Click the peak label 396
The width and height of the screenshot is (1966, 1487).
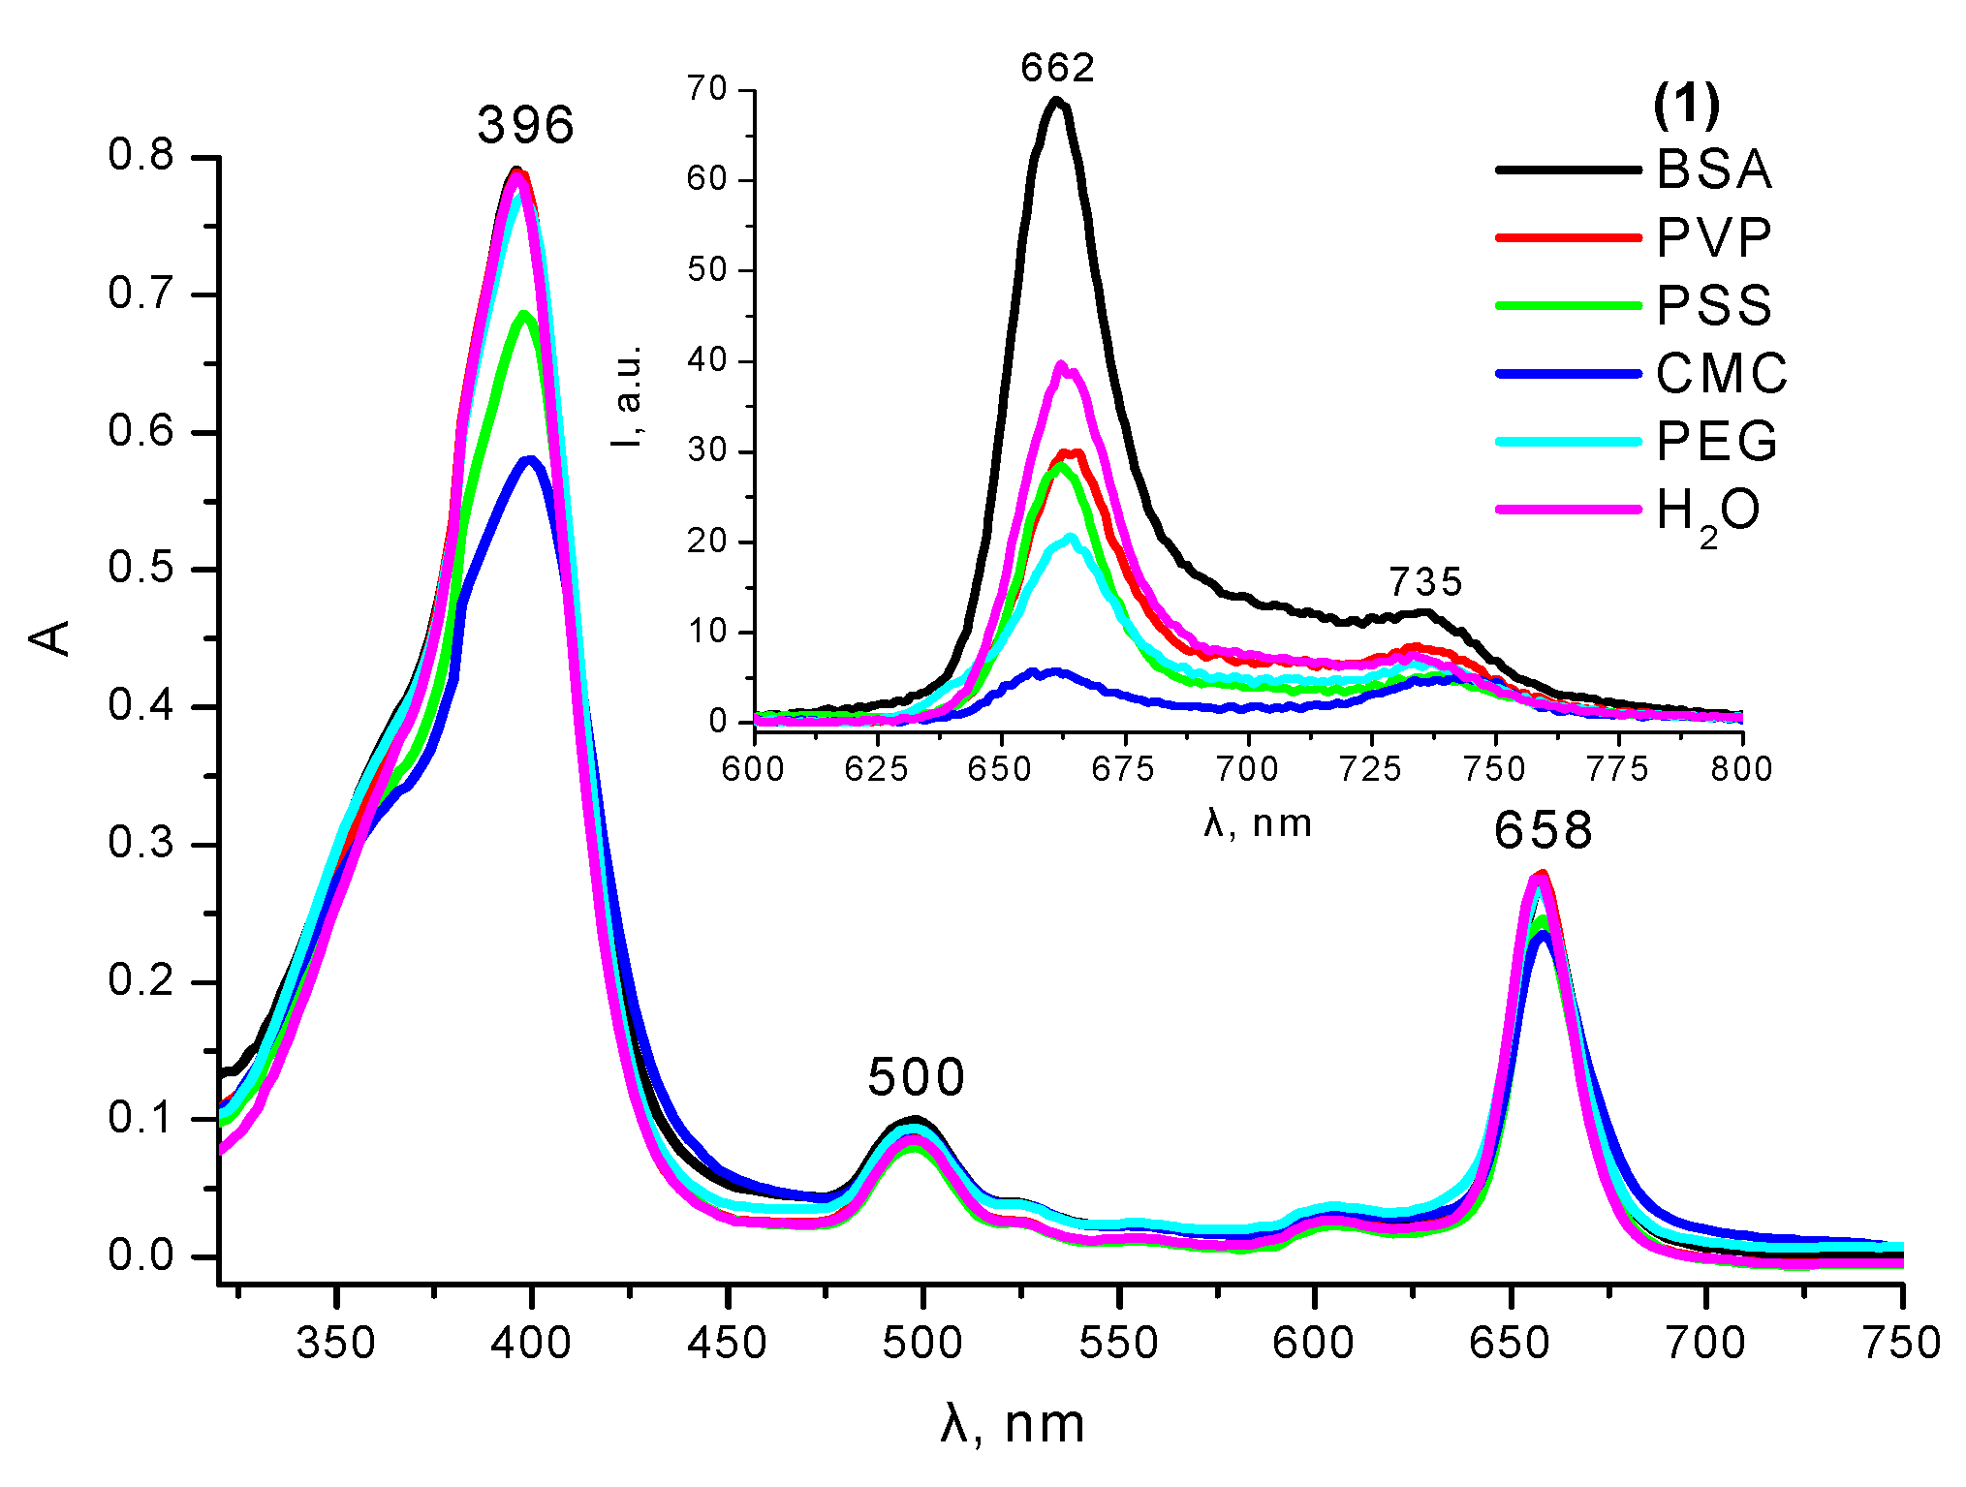pos(526,125)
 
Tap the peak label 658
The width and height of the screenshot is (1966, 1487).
pos(1543,830)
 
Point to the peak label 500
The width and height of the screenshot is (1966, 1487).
pos(916,1077)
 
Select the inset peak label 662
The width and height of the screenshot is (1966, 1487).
pos(1057,68)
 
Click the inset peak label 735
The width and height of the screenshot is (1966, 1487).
pos(1425,582)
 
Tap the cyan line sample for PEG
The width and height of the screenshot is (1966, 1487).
pos(1568,442)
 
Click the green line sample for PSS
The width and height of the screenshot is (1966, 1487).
pos(1568,305)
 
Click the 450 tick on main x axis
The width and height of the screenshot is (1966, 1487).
pos(727,1344)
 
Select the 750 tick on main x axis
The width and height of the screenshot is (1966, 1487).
pos(1901,1344)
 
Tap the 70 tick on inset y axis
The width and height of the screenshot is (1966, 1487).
pos(707,89)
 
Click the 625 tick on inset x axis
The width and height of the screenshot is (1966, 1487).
pos(876,769)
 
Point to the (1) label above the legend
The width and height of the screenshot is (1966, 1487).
pos(1686,104)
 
